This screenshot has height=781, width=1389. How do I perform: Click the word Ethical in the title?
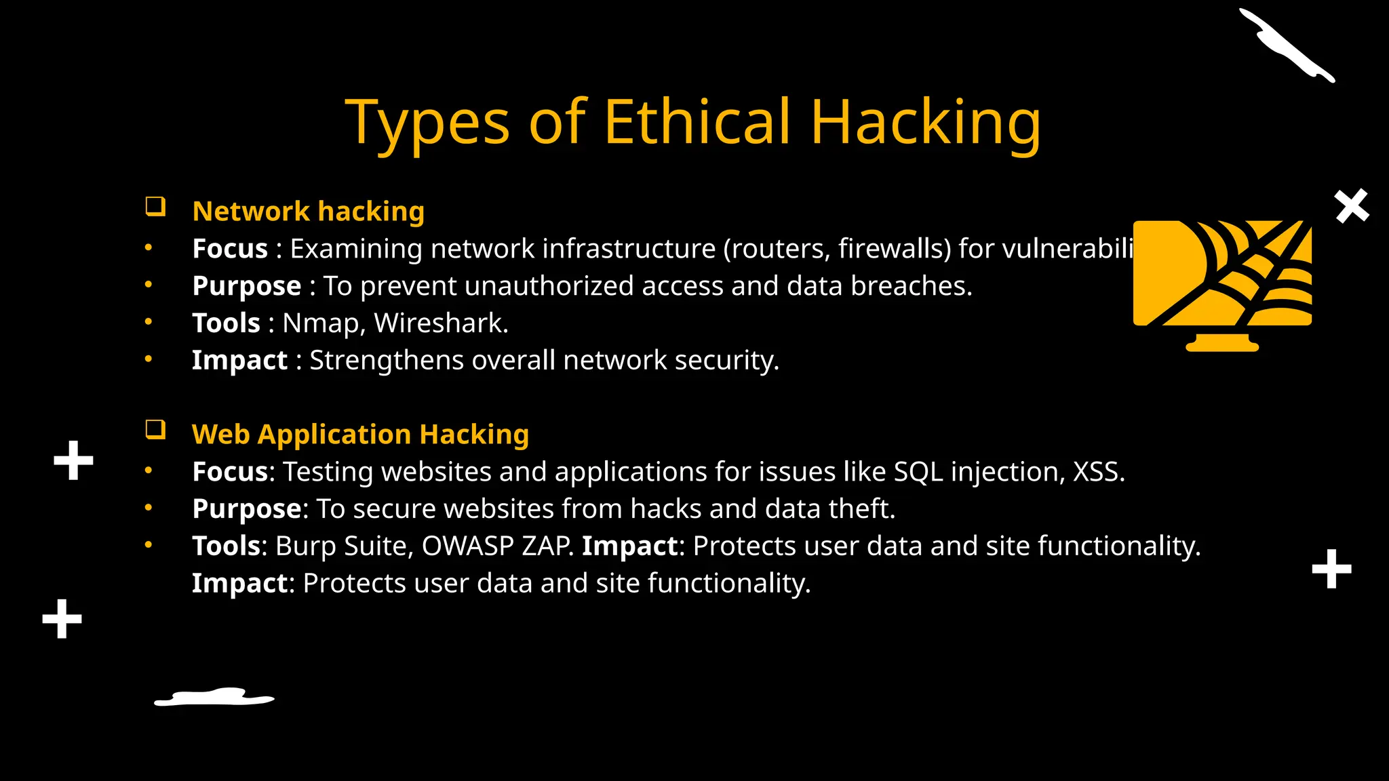[697, 122]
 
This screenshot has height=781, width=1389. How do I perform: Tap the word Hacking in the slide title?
[925, 123]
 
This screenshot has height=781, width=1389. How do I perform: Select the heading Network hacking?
[309, 212]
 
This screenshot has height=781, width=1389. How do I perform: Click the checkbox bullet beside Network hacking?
[155, 207]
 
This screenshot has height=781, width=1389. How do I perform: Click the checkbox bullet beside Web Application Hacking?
[155, 430]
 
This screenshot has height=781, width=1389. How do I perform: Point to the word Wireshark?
[441, 323]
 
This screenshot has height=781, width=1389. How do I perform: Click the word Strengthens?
[386, 360]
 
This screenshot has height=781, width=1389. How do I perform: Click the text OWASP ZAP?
[498, 546]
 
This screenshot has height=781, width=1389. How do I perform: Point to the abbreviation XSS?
[1098, 472]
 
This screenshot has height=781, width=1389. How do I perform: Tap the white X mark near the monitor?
[1352, 206]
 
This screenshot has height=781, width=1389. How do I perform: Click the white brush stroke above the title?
[1285, 45]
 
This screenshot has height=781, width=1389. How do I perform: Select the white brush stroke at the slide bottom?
[214, 697]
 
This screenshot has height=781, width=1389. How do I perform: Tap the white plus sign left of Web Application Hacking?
[73, 461]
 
